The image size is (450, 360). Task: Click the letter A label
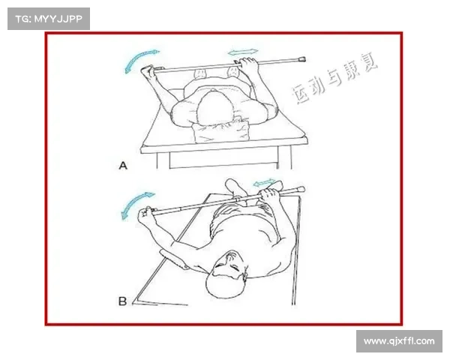[x=123, y=166]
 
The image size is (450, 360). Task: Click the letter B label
[x=122, y=301]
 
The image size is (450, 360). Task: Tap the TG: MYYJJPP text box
[x=49, y=19]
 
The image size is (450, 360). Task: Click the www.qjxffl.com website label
[x=399, y=341]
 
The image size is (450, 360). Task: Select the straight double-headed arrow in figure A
[x=243, y=52]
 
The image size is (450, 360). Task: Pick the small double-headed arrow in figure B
[x=264, y=182]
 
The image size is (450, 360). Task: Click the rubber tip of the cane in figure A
[x=302, y=60]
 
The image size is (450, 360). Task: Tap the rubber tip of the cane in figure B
[x=301, y=190]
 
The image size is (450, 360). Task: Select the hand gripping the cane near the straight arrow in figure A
[x=247, y=67]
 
